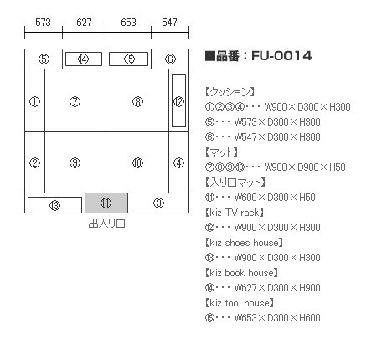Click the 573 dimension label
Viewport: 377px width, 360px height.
(43, 22)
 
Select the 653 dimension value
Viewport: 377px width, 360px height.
(128, 22)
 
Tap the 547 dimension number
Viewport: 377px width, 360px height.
(169, 22)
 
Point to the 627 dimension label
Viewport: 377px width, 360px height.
(84, 22)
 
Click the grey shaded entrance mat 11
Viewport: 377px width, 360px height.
(106, 203)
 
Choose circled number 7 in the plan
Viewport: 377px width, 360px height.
(75, 101)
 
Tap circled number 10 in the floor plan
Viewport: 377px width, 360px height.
(137, 162)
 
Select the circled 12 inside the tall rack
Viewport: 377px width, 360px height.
(178, 101)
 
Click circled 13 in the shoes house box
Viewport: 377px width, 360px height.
(54, 206)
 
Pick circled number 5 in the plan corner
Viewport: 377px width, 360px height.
(44, 59)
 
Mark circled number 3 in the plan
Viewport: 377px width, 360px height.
(158, 203)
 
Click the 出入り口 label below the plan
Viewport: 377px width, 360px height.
(106, 224)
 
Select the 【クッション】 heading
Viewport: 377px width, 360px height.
(230, 91)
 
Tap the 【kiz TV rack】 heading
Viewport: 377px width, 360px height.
(235, 213)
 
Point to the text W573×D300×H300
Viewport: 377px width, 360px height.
(277, 122)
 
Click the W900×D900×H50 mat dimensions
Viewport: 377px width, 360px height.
(305, 167)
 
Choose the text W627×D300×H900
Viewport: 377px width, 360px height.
(277, 288)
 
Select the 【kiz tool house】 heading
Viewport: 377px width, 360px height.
(240, 303)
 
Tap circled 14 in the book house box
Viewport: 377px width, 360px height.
(83, 59)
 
